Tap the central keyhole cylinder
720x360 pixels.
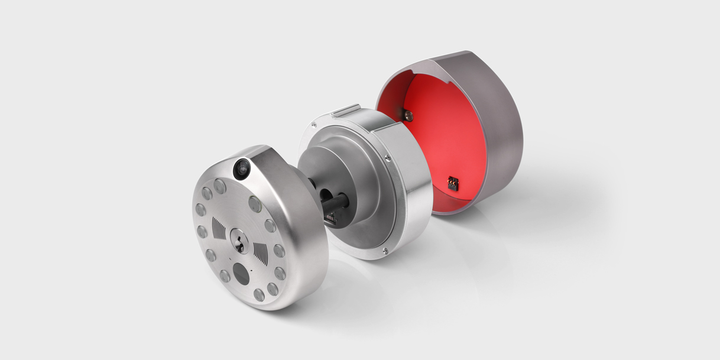coord(239,241)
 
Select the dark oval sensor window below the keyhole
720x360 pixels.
coord(240,273)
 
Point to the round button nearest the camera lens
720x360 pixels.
coord(219,187)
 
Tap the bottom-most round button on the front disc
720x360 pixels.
coord(259,295)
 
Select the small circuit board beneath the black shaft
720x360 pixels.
coord(330,219)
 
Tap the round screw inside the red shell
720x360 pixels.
coord(408,115)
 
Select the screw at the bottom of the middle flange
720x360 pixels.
coord(385,252)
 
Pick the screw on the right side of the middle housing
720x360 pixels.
coord(387,158)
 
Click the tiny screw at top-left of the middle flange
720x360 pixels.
coord(314,124)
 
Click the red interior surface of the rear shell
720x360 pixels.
coord(437,142)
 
